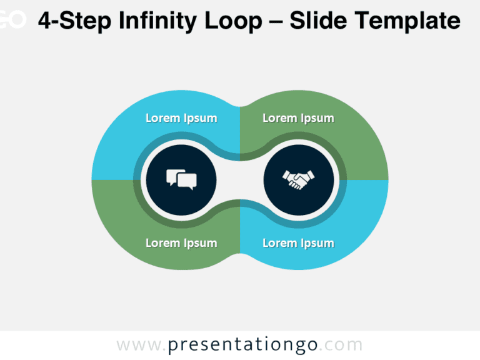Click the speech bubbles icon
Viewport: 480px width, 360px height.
181,179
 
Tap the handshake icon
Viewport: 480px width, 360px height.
298,180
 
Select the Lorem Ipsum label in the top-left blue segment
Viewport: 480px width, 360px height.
181,118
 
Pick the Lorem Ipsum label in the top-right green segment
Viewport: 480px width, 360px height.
298,118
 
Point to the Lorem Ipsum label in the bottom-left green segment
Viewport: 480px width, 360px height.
181,243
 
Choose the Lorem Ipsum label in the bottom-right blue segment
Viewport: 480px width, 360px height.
298,243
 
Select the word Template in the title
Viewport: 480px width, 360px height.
409,22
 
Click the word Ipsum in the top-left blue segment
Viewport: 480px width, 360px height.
200,119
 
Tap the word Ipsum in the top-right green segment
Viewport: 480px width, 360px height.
317,119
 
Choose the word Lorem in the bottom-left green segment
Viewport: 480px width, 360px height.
162,243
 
